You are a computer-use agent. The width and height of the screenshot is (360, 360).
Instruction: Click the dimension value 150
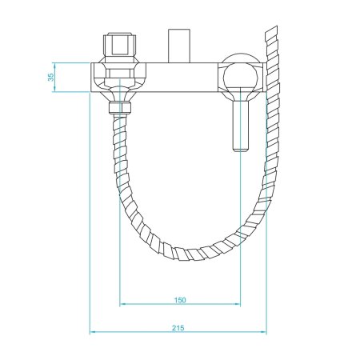179,300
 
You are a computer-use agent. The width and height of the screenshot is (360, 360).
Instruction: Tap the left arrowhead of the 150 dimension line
122,305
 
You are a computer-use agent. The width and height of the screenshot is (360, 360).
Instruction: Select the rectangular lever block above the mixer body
179,46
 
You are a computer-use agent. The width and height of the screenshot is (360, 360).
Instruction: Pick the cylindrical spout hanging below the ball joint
239,120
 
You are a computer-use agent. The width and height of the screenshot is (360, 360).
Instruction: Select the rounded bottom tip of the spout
239,150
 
